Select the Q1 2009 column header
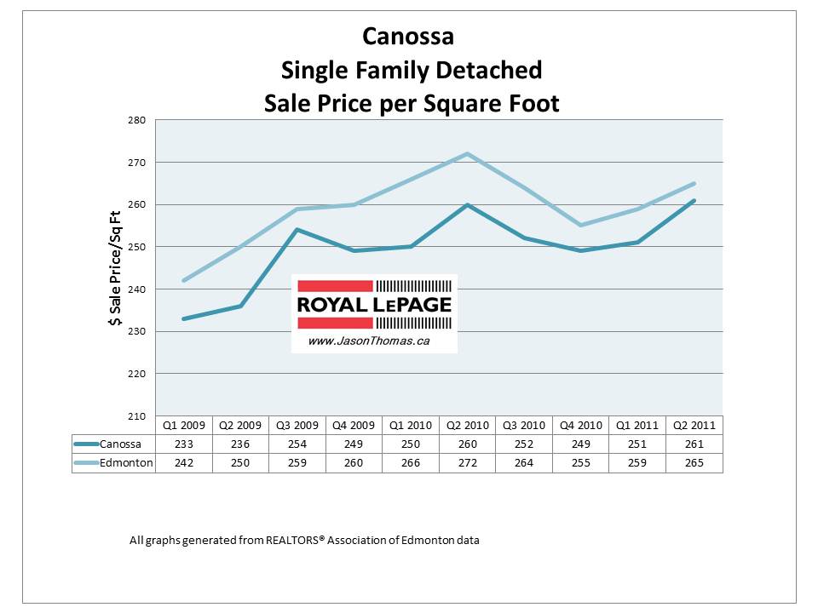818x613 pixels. click(184, 424)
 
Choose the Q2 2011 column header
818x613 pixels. click(694, 424)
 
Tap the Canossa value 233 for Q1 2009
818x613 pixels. click(184, 444)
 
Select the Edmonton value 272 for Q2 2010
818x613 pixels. click(468, 462)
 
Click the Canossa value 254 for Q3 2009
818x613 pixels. click(297, 444)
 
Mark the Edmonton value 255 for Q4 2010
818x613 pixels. click(581, 462)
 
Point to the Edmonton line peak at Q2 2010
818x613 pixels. click(468, 154)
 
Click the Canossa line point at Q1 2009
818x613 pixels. click(184, 318)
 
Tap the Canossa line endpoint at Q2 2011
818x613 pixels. click(694, 201)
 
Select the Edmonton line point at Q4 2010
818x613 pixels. click(581, 226)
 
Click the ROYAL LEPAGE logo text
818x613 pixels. click(374, 305)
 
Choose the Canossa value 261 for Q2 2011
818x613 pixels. click(694, 444)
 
